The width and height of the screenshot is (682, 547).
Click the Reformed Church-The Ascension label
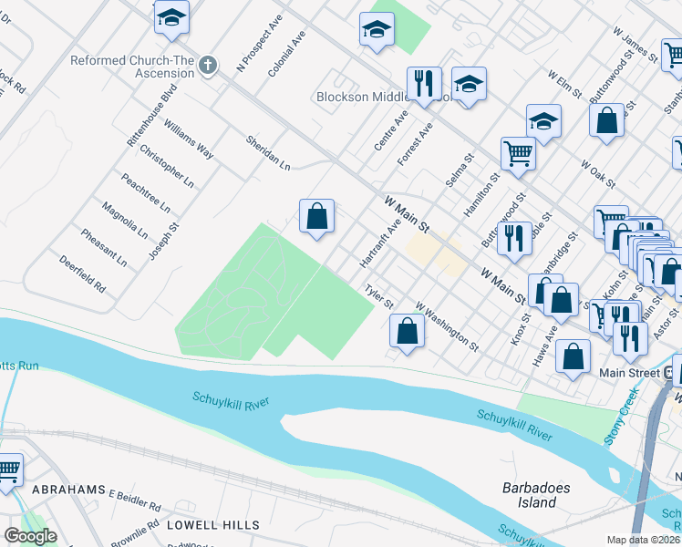pyautogui.click(x=132, y=67)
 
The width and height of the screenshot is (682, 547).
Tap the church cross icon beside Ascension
pyautogui.click(x=209, y=66)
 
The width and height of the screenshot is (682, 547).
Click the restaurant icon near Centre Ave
pyautogui.click(x=424, y=84)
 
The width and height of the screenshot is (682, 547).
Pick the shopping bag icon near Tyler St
pyautogui.click(x=408, y=331)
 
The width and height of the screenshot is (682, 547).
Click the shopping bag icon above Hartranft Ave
pyautogui.click(x=316, y=216)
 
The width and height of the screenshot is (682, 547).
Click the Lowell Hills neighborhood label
pyautogui.click(x=212, y=525)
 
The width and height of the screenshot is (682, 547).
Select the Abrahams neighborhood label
pyautogui.click(x=68, y=490)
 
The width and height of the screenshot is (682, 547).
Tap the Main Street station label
pyautogui.click(x=629, y=373)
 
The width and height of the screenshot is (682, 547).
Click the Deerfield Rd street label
pyautogui.click(x=83, y=273)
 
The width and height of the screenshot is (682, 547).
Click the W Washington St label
pyautogui.click(x=447, y=326)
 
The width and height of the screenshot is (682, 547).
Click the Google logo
pyautogui.click(x=30, y=536)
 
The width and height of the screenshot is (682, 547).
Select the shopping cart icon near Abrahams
pyautogui.click(x=9, y=470)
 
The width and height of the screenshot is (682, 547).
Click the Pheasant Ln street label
pyautogui.click(x=103, y=247)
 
